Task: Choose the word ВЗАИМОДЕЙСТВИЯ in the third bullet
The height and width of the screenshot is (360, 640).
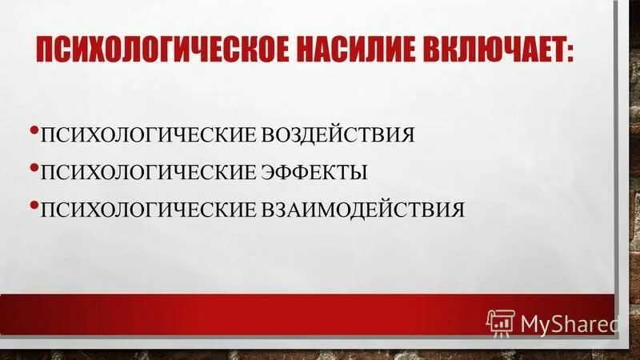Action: click(x=362, y=210)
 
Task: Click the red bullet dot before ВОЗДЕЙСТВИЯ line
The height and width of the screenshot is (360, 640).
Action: click(x=33, y=129)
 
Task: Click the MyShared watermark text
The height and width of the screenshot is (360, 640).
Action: click(x=570, y=324)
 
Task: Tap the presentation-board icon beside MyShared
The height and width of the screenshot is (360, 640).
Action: click(x=502, y=322)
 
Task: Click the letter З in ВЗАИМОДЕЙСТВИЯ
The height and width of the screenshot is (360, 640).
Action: click(x=277, y=210)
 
